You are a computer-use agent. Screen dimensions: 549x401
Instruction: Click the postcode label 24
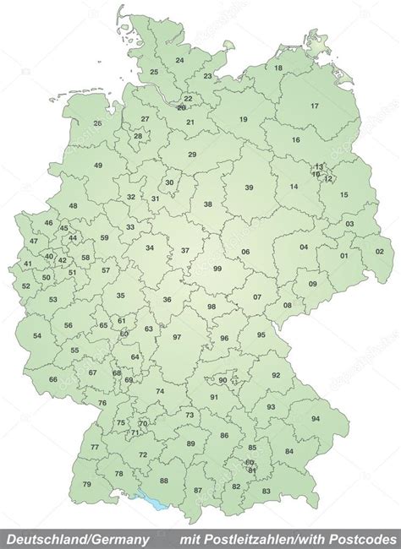[179, 61]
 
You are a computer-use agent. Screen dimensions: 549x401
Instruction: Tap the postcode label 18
[278, 68]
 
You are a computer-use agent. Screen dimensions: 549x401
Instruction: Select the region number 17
[315, 106]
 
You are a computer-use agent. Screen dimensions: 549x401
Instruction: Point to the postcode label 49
[98, 166]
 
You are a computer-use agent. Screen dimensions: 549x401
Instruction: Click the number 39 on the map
[249, 188]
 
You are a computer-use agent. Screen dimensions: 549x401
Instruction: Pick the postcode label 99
[217, 268]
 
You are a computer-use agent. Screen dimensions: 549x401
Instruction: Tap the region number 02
[380, 251]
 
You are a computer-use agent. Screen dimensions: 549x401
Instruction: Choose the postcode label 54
[37, 336]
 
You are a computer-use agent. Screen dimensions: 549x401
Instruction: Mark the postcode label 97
[177, 337]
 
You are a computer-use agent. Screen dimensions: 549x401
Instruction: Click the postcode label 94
[316, 419]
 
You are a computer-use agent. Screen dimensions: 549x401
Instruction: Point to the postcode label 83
[266, 491]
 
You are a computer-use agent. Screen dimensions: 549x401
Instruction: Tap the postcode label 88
[164, 481]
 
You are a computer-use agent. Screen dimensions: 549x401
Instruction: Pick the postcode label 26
[97, 123]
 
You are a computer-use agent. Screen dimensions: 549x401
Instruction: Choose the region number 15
[343, 194]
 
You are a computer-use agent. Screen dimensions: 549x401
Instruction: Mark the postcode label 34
[150, 247]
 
